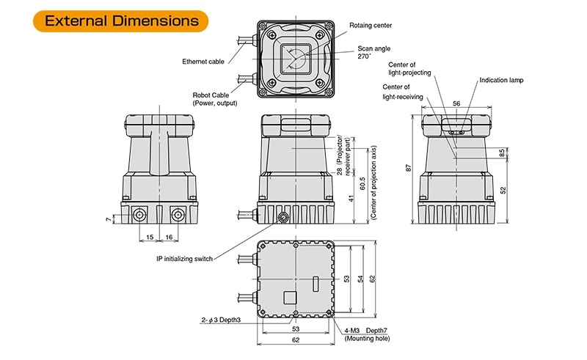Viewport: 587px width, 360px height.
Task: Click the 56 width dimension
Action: [x=456, y=105]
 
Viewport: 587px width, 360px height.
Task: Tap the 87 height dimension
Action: [x=408, y=169]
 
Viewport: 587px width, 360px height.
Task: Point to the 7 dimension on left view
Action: [x=107, y=218]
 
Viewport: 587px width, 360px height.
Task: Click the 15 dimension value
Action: [x=149, y=238]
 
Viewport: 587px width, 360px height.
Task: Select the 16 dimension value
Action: [x=168, y=238]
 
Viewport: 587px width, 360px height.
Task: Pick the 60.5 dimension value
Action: [x=362, y=181]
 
